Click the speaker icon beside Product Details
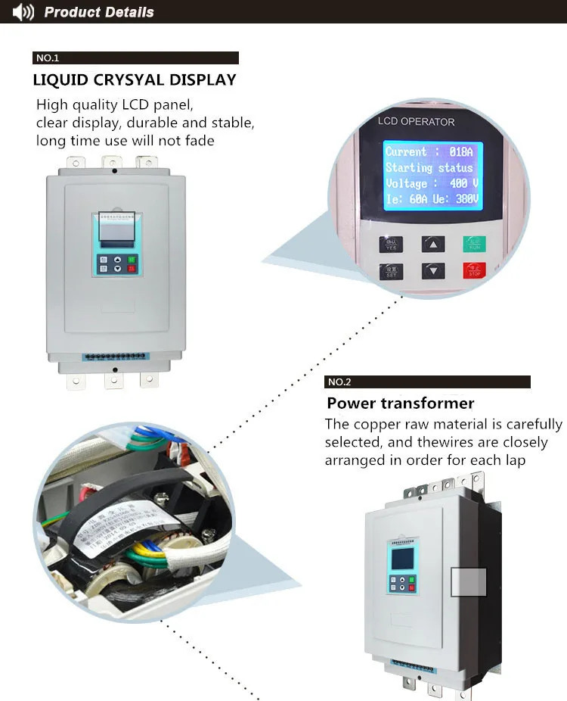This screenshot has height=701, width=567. (x=23, y=12)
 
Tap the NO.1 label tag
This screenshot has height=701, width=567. (x=48, y=58)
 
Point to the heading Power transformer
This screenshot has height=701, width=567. (x=401, y=403)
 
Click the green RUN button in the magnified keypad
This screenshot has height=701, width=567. (x=474, y=244)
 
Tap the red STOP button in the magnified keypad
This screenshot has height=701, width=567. (x=474, y=270)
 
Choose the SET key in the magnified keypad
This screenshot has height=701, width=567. (x=391, y=271)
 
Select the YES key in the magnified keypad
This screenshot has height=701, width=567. (x=391, y=244)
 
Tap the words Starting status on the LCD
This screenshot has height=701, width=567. (x=429, y=168)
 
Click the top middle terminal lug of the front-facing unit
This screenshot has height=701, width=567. (x=112, y=163)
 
